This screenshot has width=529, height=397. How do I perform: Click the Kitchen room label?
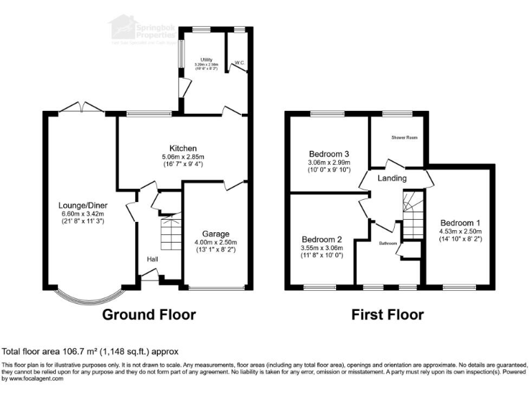click(x=184, y=148)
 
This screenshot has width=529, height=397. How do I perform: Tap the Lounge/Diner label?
click(x=85, y=204)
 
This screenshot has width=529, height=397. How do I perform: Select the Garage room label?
click(x=216, y=234)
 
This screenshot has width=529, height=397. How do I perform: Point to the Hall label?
click(x=152, y=259)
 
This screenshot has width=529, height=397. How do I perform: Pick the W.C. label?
click(x=239, y=63)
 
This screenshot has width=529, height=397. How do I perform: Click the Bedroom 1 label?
click(x=461, y=223)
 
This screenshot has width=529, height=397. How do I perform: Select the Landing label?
click(x=393, y=178)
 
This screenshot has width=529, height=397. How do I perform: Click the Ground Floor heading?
click(x=149, y=315)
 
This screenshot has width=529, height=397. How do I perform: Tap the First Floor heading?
click(x=388, y=315)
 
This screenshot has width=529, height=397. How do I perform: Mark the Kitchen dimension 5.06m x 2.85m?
click(x=184, y=157)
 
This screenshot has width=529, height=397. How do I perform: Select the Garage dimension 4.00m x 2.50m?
click(x=216, y=243)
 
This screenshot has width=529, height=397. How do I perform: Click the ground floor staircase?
click(x=170, y=233)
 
